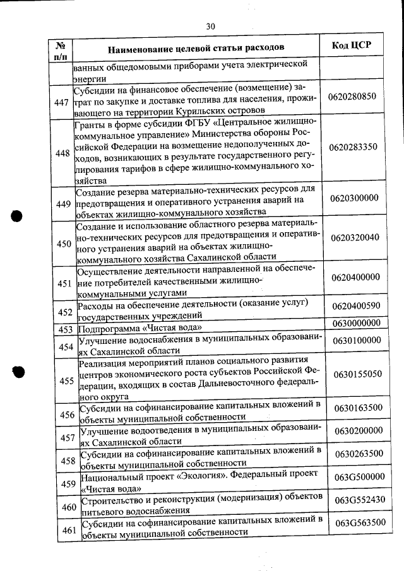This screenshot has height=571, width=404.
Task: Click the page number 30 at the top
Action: (x=211, y=26)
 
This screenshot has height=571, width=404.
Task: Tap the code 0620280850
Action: (x=353, y=97)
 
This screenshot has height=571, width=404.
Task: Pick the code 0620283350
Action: (x=353, y=147)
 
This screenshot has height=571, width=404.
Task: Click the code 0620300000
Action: (x=354, y=197)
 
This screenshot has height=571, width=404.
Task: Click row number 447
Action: (x=62, y=103)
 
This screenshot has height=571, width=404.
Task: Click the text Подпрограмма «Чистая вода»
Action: (x=142, y=329)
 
